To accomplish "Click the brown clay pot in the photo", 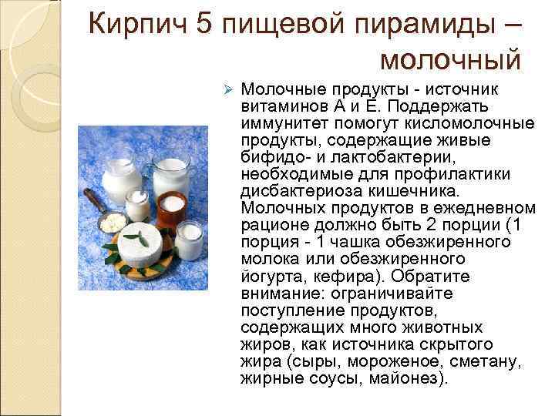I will tap(171, 207).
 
